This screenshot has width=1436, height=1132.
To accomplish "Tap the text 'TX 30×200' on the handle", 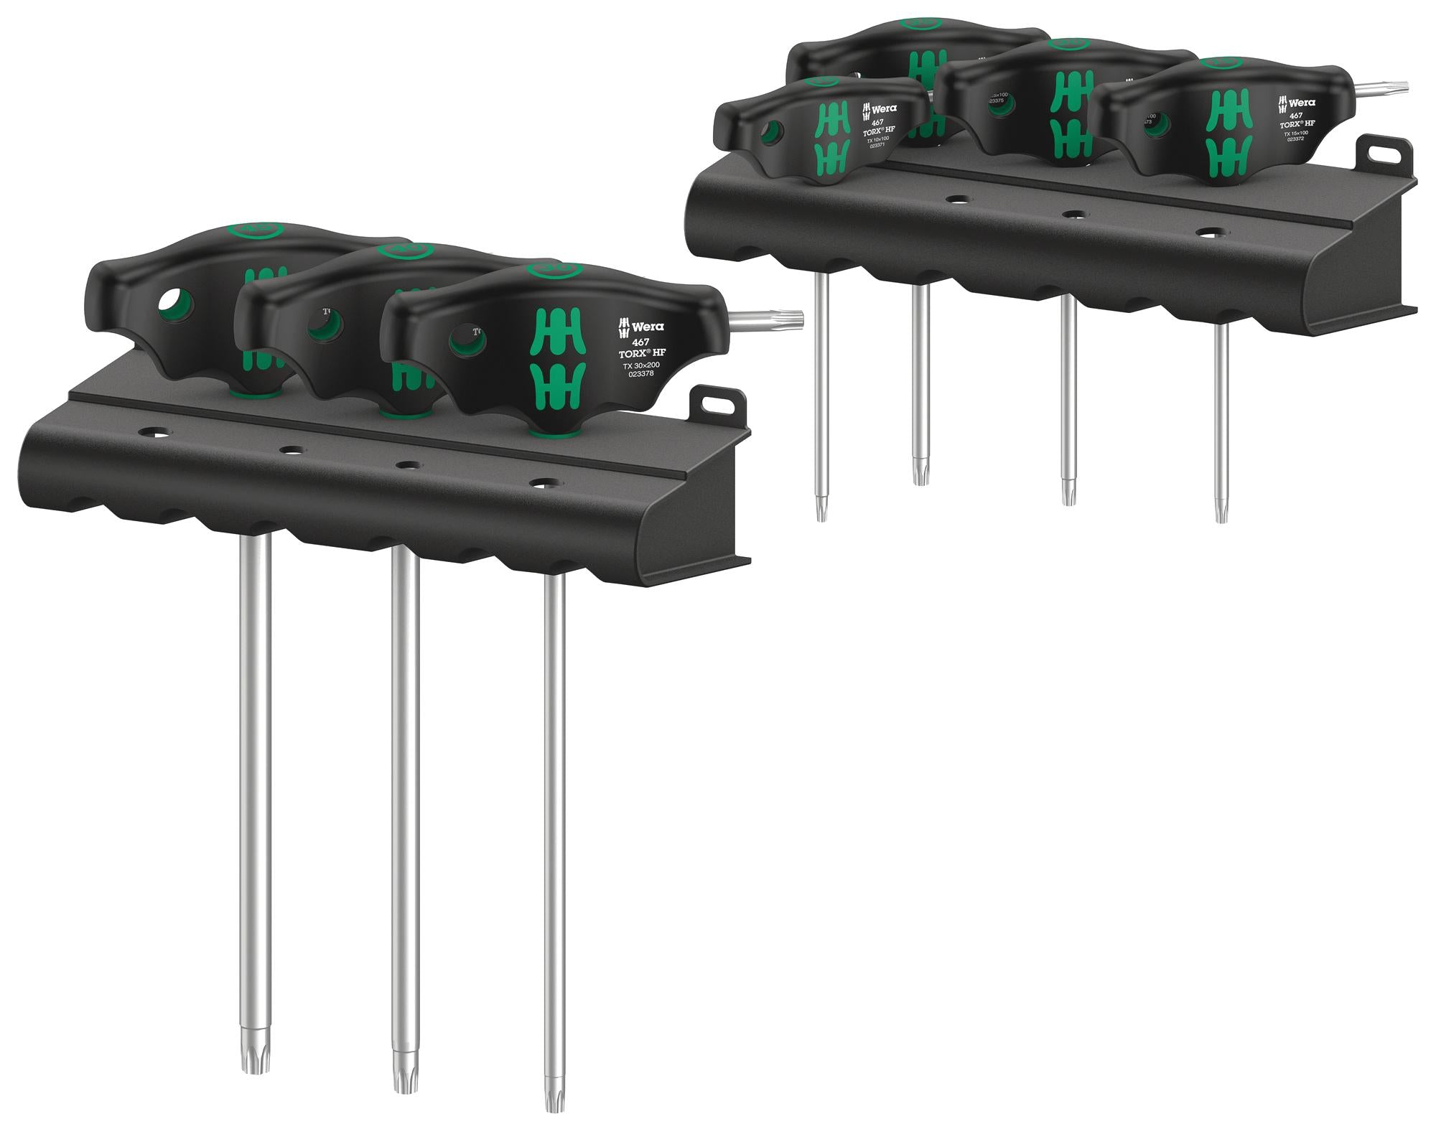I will (641, 365).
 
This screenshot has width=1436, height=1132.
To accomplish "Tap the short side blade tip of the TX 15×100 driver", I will (1397, 88).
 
